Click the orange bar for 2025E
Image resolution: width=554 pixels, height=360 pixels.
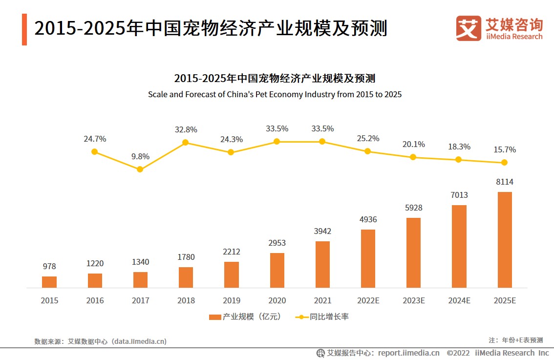point(505,239)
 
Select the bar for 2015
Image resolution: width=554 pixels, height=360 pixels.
point(49,282)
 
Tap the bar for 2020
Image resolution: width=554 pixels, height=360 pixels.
point(277,270)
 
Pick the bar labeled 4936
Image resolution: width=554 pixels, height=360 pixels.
point(368,258)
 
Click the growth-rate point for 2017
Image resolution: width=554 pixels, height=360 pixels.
point(140,169)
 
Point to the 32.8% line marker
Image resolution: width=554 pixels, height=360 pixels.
point(186,143)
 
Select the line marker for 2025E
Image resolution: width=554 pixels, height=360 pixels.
point(504,162)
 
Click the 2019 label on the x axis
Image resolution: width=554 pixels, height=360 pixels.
point(232,300)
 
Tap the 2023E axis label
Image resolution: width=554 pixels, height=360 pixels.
point(414,300)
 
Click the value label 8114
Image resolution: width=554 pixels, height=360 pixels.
point(505,182)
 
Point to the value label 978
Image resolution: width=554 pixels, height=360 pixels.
point(49,266)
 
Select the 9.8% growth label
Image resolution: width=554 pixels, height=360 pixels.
point(140,156)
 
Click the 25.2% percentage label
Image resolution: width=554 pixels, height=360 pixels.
point(368,138)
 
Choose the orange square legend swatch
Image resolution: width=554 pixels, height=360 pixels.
point(215,317)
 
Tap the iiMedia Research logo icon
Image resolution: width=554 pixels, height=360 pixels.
point(468,28)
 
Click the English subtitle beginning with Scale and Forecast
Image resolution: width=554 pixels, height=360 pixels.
point(275,94)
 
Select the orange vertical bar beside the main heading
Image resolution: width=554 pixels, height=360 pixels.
point(24,29)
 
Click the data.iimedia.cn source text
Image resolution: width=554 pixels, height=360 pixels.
point(139,341)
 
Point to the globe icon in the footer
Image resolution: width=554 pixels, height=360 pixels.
point(320,353)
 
